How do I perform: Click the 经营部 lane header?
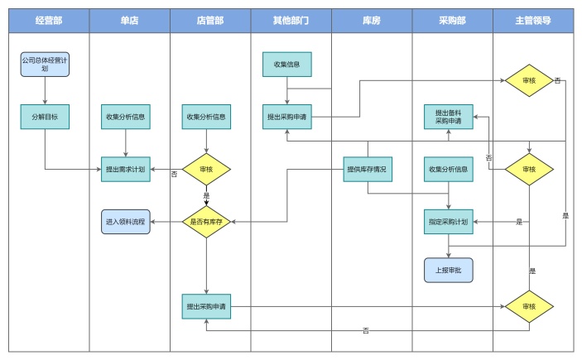point(49,21)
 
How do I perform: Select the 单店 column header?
point(129,21)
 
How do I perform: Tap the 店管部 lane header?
point(210,21)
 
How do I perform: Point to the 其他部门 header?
point(291,21)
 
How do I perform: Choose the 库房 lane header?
point(372,21)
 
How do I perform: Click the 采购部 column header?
point(452,21)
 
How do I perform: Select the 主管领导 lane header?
point(532,21)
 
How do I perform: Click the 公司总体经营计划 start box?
point(45,65)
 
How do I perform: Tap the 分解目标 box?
point(45,117)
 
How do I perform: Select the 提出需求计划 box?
point(125,169)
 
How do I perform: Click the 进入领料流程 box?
point(125,222)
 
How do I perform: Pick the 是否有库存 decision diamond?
point(206,222)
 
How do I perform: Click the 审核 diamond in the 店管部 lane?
point(206,169)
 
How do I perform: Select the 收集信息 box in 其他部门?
point(286,64)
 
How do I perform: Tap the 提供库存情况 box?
point(368,169)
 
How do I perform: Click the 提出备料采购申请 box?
point(449,117)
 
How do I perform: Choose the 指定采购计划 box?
point(449,222)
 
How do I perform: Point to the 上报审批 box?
point(449,270)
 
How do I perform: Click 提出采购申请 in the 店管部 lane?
point(206,306)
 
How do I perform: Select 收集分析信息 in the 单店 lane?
point(125,117)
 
